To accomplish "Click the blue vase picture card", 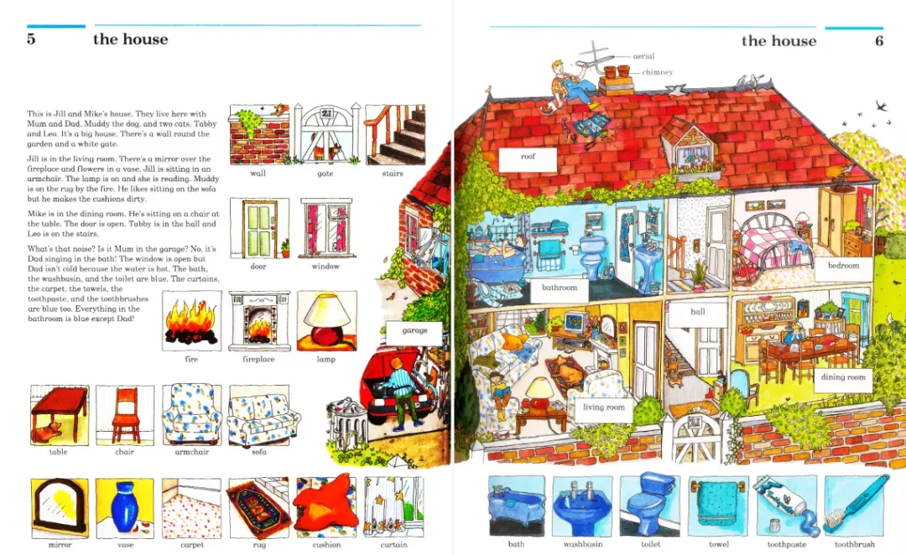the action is (125, 508).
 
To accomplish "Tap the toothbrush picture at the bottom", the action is (855, 506).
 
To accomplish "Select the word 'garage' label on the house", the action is (415, 330).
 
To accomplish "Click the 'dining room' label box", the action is (843, 378).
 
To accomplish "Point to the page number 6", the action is (879, 41).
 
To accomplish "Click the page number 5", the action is (31, 39).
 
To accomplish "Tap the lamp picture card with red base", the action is (327, 321).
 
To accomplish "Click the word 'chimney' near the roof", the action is (658, 72).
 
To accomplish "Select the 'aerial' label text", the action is (643, 56).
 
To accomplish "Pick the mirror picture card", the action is (60, 508).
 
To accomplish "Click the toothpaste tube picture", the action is (786, 506).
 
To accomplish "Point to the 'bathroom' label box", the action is (560, 288).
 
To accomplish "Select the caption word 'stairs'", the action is (393, 174).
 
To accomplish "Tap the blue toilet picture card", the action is (650, 506).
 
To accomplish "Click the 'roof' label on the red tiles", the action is (528, 157).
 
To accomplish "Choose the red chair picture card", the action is (125, 415).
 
